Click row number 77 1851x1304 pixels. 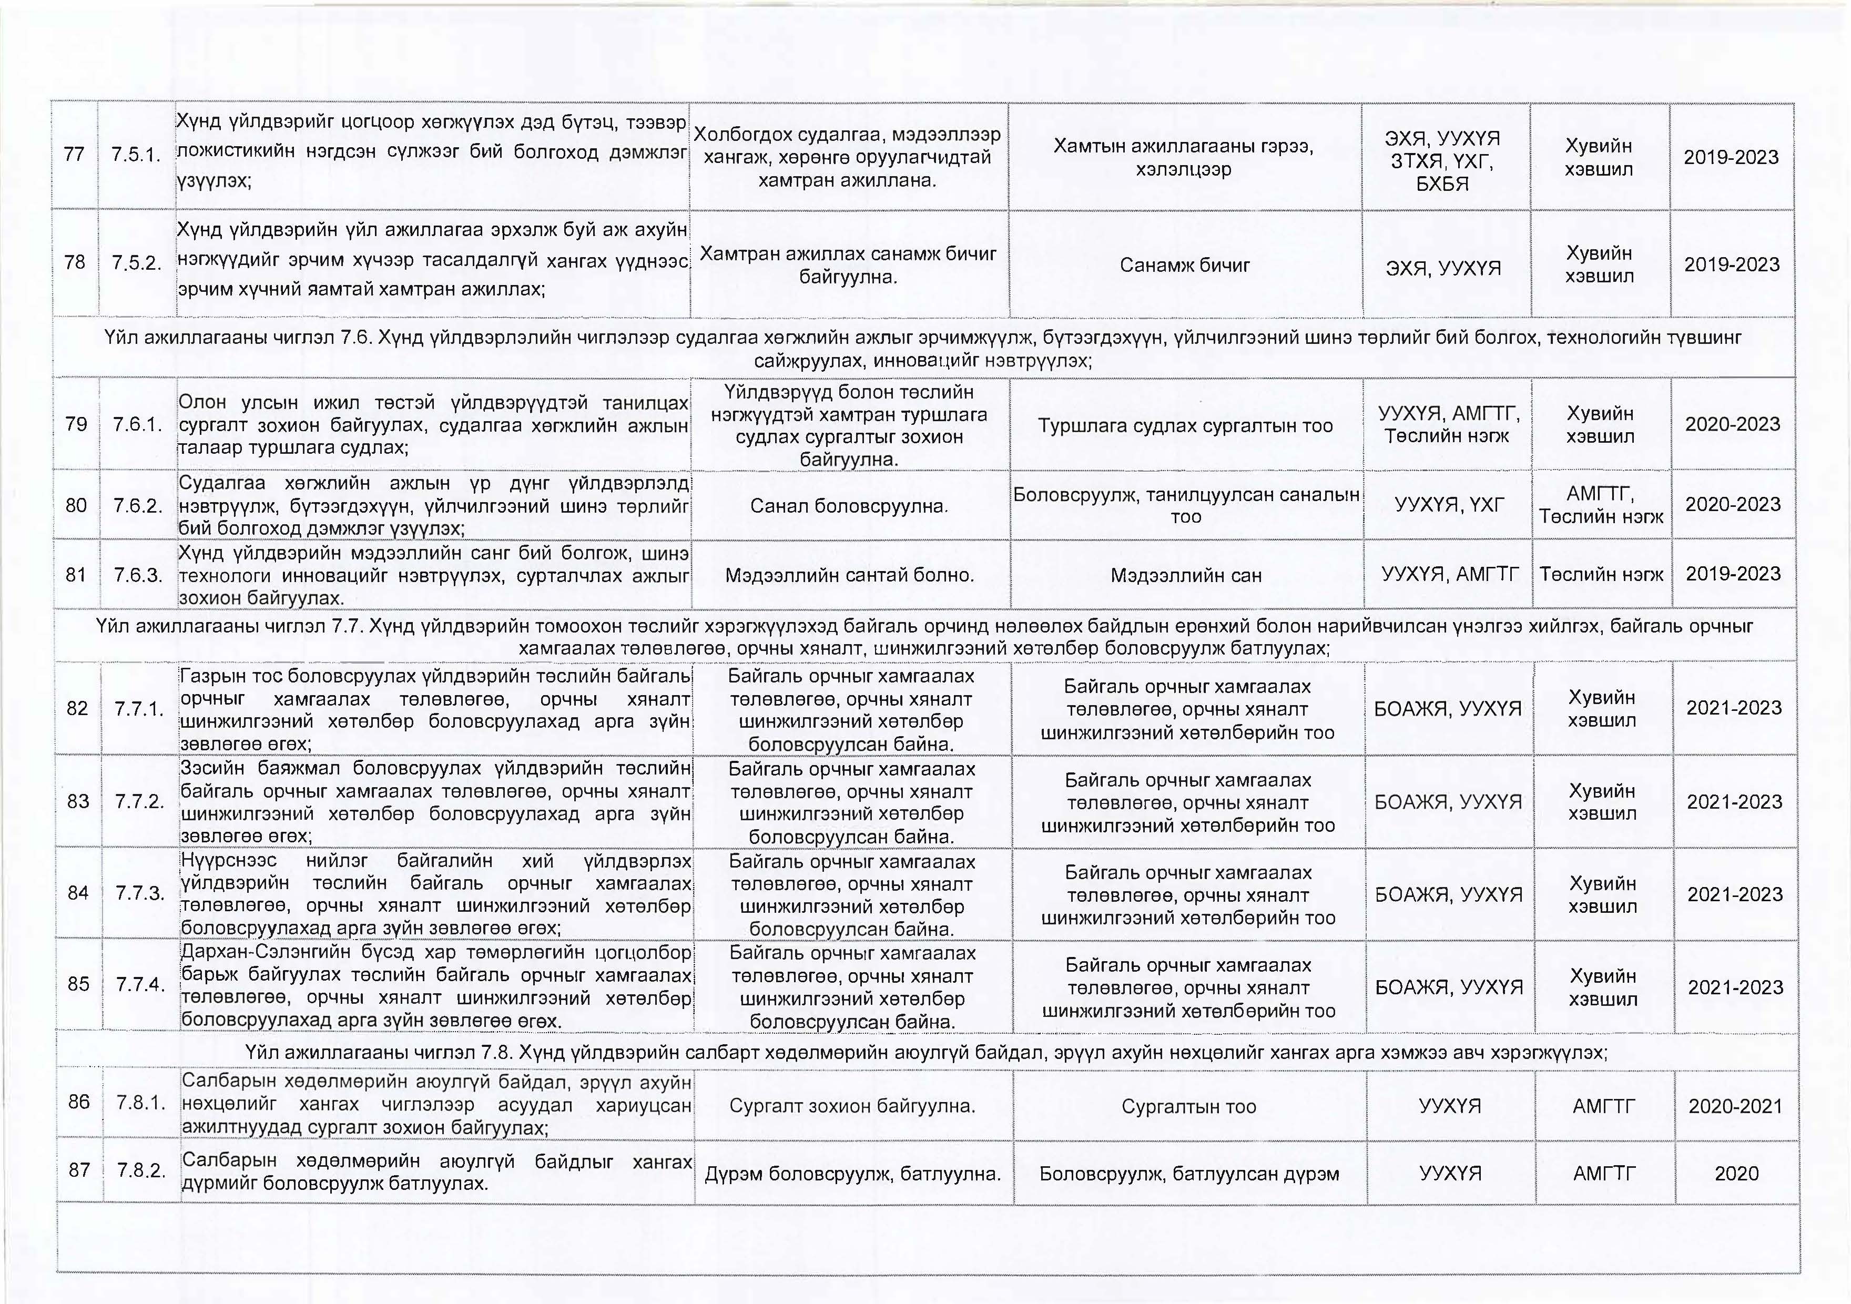74,154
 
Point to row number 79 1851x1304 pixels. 76,424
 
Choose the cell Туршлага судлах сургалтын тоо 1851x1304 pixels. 1185,425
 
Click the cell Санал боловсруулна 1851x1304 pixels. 849,505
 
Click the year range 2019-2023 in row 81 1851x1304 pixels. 1733,574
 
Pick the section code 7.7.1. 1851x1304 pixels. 139,708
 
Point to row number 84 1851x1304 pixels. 78,892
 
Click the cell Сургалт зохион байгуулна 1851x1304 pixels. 852,1106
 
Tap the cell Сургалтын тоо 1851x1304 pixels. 1188,1106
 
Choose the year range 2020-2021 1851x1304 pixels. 1735,1106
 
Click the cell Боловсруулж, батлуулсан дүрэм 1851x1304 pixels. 1189,1174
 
